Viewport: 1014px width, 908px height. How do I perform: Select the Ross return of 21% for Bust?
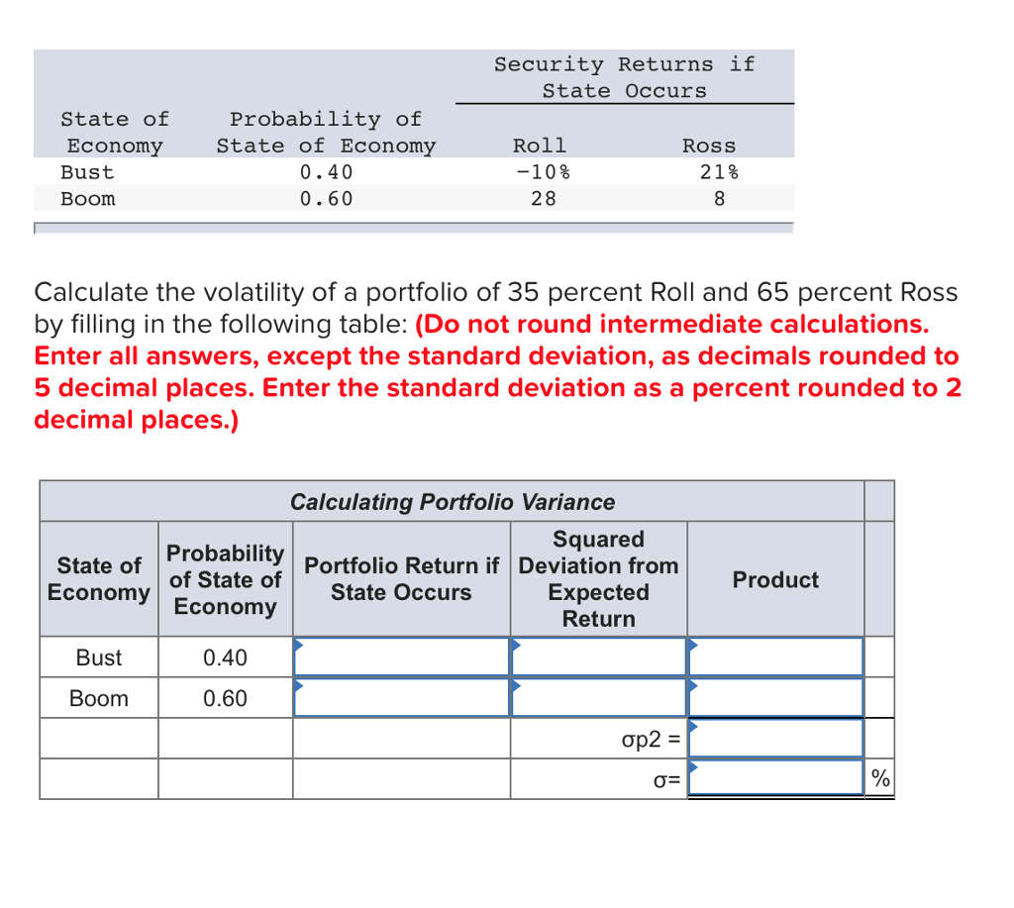pos(719,171)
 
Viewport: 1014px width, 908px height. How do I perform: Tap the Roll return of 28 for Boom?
pos(543,198)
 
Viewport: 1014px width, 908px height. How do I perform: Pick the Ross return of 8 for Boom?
pos(720,198)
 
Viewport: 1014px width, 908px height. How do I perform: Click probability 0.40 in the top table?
pos(326,171)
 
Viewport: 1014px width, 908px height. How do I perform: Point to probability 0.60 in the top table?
pos(326,198)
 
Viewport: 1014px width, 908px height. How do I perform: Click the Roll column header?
pos(540,146)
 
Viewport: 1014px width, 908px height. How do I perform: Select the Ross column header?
pos(709,146)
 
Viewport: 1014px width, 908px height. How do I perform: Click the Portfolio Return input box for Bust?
pos(401,656)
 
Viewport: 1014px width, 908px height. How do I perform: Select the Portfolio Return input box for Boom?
pos(401,697)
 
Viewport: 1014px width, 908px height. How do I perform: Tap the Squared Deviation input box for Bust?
pos(598,656)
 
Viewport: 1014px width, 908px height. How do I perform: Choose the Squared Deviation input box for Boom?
pos(598,697)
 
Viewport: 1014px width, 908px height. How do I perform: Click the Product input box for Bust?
pos(775,656)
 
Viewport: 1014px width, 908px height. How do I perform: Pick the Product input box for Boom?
pos(775,697)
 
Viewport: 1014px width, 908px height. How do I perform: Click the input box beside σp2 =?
pos(775,738)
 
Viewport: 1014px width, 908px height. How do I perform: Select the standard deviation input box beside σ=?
pos(775,778)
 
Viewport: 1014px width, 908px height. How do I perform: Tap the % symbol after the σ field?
pos(880,779)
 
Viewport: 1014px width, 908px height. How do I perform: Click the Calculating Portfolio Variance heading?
pos(453,502)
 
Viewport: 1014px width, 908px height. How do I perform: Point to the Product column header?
pos(775,580)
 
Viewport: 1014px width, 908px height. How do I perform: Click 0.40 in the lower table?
pos(225,657)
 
